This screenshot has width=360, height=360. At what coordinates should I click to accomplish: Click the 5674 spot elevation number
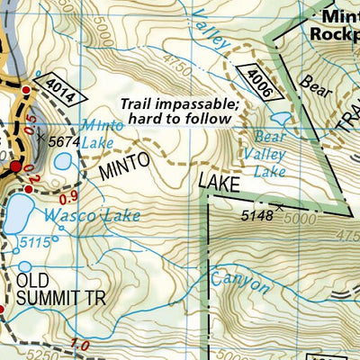pyautogui.click(x=64, y=141)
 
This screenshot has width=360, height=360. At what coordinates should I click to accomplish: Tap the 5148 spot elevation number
pyautogui.click(x=258, y=215)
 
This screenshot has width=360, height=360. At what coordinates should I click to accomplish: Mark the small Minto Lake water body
pyautogui.click(x=62, y=162)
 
